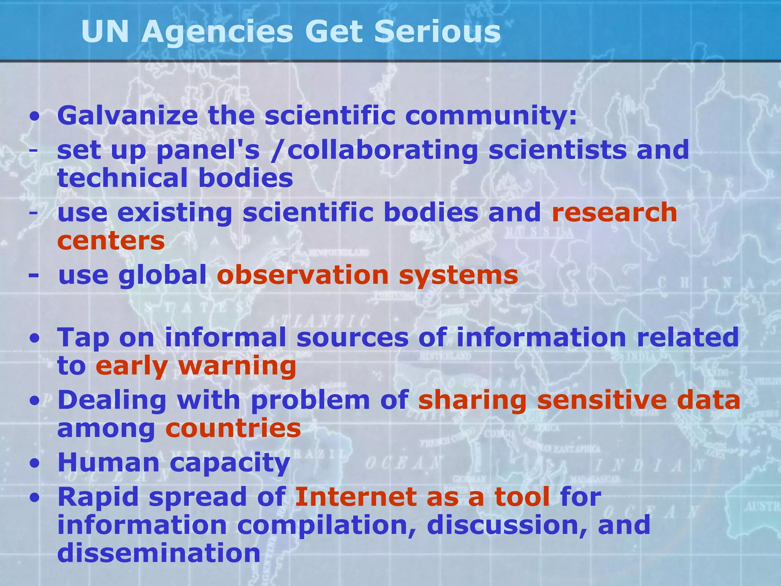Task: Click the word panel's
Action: [x=208, y=150]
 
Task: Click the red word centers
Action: [x=111, y=241]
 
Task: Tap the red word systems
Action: [x=458, y=275]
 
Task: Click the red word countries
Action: [x=233, y=428]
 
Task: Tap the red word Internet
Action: [x=356, y=497]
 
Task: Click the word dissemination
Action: [x=159, y=553]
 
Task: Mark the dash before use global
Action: [x=34, y=275]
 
